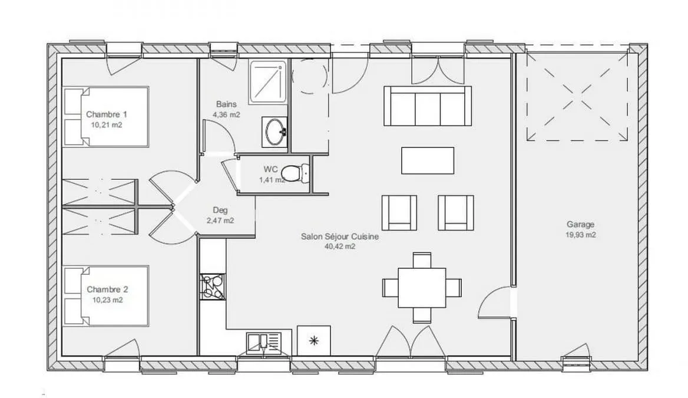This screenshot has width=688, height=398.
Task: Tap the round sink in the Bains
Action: [275, 132]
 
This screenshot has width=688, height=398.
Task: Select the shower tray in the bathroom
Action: [267, 82]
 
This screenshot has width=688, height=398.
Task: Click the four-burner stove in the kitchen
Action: [213, 287]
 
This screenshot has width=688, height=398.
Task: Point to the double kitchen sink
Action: [264, 343]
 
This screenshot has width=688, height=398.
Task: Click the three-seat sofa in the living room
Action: [428, 106]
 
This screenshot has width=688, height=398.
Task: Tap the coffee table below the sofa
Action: [428, 160]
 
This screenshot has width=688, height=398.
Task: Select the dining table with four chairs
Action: [422, 288]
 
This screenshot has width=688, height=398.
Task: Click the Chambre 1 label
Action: [107, 114]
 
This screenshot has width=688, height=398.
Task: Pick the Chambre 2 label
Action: [107, 290]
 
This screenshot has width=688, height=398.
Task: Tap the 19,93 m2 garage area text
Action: [581, 235]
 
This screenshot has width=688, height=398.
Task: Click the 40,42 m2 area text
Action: [340, 246]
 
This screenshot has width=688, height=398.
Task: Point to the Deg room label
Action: [220, 210]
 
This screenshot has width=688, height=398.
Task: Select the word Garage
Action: [581, 225]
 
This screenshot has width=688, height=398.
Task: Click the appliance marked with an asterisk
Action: [314, 340]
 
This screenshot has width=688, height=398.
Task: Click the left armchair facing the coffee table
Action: [399, 213]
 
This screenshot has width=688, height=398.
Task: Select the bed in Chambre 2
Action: [106, 295]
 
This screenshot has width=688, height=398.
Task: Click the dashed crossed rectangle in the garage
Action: [577, 96]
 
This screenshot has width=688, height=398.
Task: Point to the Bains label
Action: [226, 104]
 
